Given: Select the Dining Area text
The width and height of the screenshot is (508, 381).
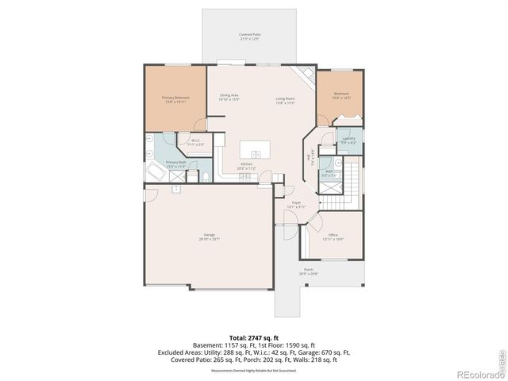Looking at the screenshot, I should click(229, 96).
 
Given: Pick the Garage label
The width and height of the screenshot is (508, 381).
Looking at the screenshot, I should click(210, 236).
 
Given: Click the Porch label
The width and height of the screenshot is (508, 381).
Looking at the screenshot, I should click(308, 271).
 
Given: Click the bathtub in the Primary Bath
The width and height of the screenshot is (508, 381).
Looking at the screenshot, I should click(152, 173).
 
